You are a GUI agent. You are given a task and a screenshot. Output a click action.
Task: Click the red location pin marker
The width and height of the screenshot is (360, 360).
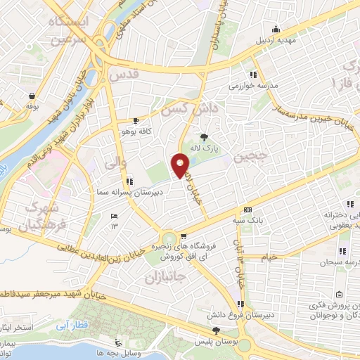point(181,165)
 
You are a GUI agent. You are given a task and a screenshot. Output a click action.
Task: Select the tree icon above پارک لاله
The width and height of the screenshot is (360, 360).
point(205,137)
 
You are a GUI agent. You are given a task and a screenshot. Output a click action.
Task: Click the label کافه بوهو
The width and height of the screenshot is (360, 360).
point(136,131)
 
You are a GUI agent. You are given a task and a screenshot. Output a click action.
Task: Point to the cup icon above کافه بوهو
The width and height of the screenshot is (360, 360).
point(136,120)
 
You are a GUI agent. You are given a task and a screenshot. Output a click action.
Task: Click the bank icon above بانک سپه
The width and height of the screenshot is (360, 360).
point(247,210)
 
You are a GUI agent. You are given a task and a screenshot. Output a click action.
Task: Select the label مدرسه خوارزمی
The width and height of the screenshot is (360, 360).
point(252,86)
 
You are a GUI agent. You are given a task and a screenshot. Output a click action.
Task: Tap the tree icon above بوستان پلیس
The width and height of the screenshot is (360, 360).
point(216,330)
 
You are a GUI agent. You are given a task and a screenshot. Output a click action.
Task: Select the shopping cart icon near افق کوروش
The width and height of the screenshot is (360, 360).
point(183,236)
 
